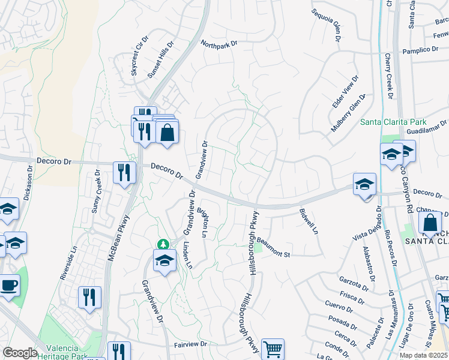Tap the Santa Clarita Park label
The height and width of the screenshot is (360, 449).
393,122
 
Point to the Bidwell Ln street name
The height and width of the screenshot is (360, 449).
308,221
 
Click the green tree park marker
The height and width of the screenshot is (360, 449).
162,244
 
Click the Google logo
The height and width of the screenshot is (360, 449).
20,353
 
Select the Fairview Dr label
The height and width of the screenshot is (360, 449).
190,344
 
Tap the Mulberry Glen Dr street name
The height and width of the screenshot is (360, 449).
348,113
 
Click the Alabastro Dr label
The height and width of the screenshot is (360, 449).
368,264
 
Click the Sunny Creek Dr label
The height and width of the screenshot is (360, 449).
96,191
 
